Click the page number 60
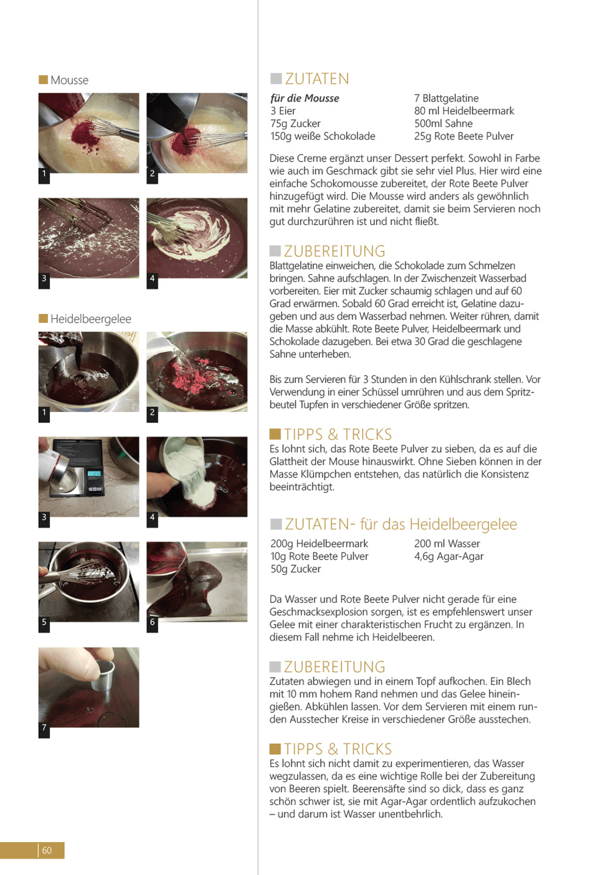(47, 850)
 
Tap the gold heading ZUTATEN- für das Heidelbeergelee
(400, 524)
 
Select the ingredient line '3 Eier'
(283, 111)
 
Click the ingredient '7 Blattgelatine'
(447, 98)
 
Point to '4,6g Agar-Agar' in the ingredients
(448, 556)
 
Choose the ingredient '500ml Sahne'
(443, 123)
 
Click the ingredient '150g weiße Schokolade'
(323, 136)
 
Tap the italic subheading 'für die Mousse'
(304, 98)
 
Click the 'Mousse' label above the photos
(69, 80)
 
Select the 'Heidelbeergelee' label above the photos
(91, 319)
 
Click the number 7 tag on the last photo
(44, 727)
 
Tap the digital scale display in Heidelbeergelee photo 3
(94, 474)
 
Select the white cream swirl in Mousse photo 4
(185, 235)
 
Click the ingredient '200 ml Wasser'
(447, 543)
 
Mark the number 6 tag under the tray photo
(152, 622)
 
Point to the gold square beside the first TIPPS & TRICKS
(275, 434)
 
